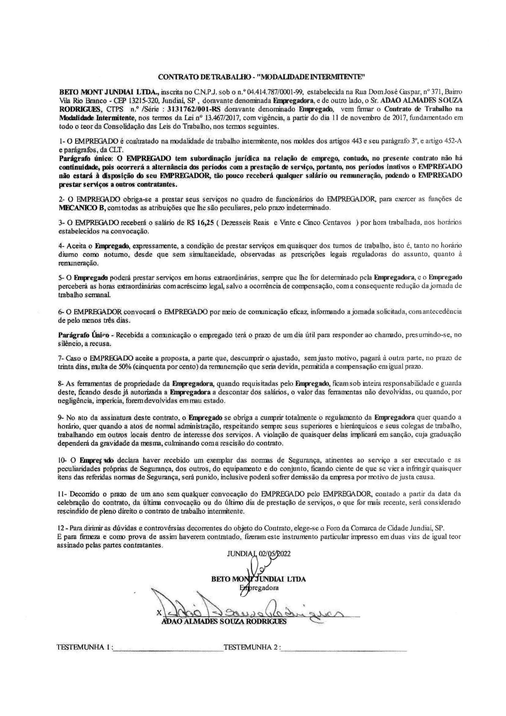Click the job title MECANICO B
coord(78,207)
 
